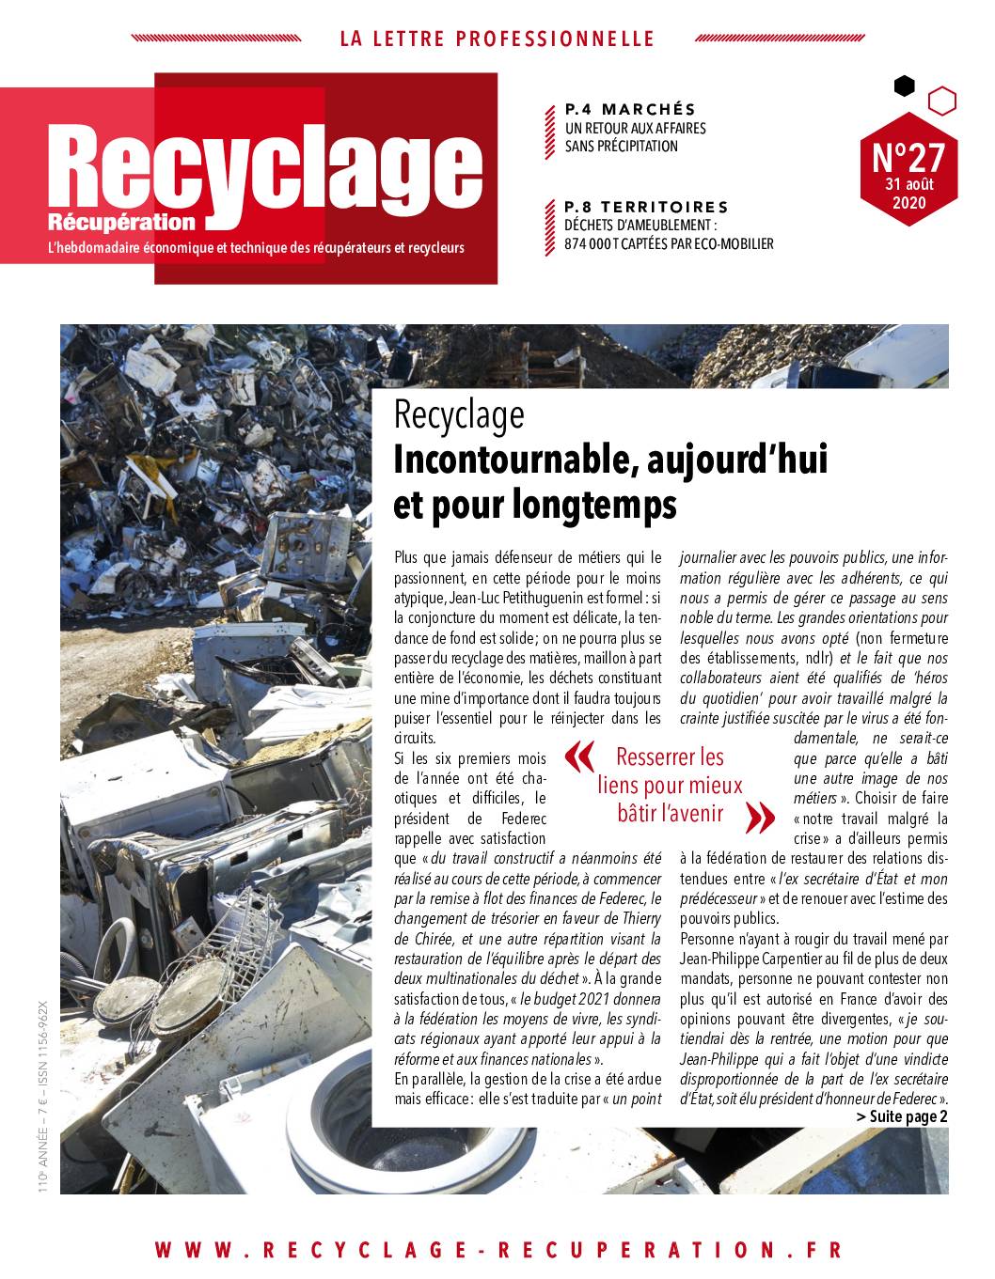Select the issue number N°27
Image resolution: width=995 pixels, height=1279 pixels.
[908, 156]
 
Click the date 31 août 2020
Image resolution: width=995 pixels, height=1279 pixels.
[908, 194]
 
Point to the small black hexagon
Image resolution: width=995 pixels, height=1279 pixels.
[904, 86]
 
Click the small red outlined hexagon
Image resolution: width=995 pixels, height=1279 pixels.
[942, 100]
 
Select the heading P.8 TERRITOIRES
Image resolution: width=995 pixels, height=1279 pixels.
[646, 207]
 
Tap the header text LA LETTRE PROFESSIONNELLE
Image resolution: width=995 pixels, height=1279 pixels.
[497, 39]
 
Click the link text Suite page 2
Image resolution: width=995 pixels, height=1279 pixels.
[902, 1116]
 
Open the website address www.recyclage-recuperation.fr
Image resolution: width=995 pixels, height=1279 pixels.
[497, 1250]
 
